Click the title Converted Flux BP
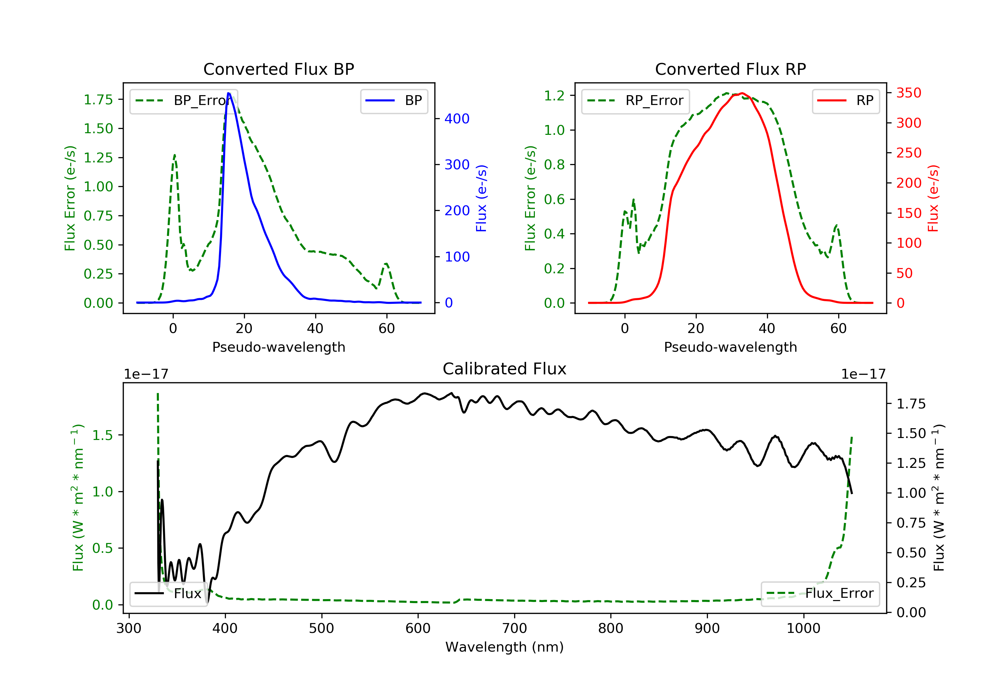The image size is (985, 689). coord(278,69)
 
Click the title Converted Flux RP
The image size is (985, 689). coord(730,69)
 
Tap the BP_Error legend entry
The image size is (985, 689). coord(184,101)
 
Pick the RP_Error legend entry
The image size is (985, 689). coord(635,101)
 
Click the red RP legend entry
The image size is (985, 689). coord(845,101)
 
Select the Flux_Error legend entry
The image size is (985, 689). coord(820,594)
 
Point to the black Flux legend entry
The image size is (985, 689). coord(169,594)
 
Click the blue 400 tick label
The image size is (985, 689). coord(457,119)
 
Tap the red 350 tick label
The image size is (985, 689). coord(908,93)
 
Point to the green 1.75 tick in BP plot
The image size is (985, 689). coord(98,100)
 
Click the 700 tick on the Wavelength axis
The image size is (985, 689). coord(514,629)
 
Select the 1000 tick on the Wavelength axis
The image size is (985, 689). coord(803,629)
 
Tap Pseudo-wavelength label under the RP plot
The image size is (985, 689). coord(730,347)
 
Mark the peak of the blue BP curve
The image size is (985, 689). coord(229,93)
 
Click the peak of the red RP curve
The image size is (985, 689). coord(742,93)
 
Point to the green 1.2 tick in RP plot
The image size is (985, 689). coord(554,95)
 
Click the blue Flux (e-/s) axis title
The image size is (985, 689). coord(481,198)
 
